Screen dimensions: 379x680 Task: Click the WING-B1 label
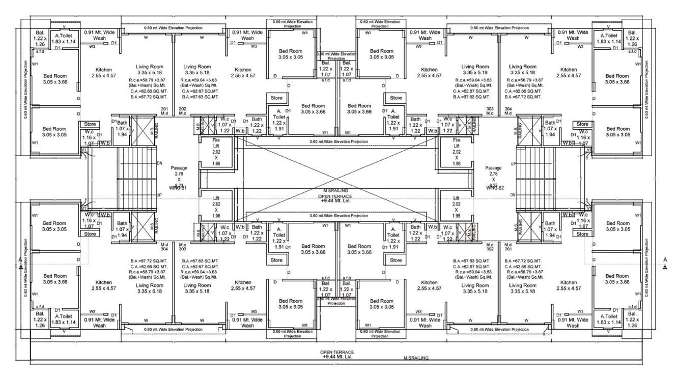[x=178, y=188]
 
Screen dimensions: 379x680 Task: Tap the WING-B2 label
[x=494, y=188]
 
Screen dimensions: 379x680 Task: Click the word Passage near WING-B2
[x=494, y=167]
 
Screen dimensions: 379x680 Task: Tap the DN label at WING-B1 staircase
[x=159, y=163]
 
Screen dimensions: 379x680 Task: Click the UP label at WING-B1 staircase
[x=159, y=195]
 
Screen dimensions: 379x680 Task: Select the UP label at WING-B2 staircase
[x=513, y=163]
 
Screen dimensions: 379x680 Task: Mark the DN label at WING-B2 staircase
[x=513, y=195]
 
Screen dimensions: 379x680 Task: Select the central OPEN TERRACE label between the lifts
[x=336, y=196]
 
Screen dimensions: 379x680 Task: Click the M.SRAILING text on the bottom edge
[x=416, y=358]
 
